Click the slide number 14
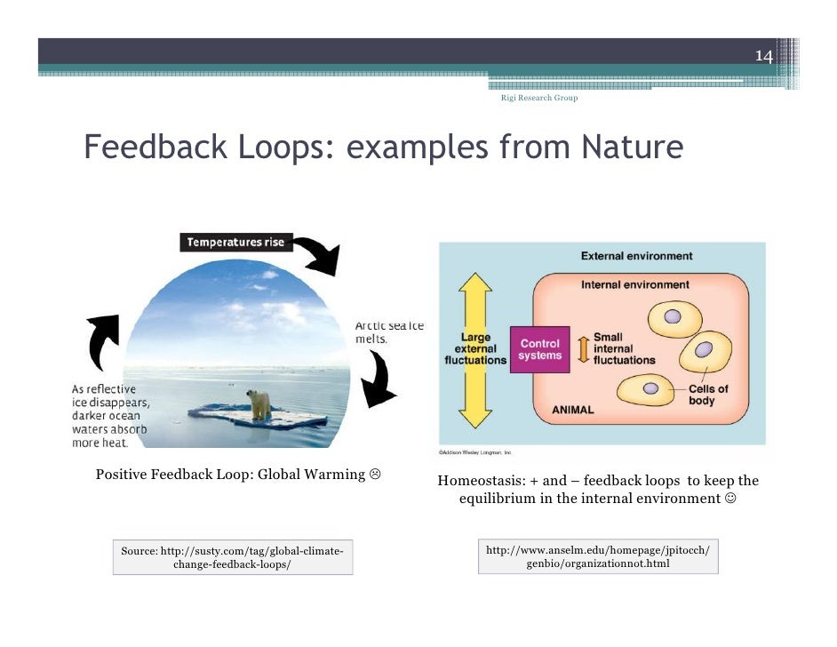(763, 57)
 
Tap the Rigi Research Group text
(539, 98)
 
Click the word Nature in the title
(632, 148)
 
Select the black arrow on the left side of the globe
(103, 343)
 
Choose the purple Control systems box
(540, 349)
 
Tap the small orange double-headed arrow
(583, 348)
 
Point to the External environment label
(636, 256)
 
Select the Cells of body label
(708, 395)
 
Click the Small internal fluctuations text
(624, 348)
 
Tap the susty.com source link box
(232, 557)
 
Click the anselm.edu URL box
(597, 556)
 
